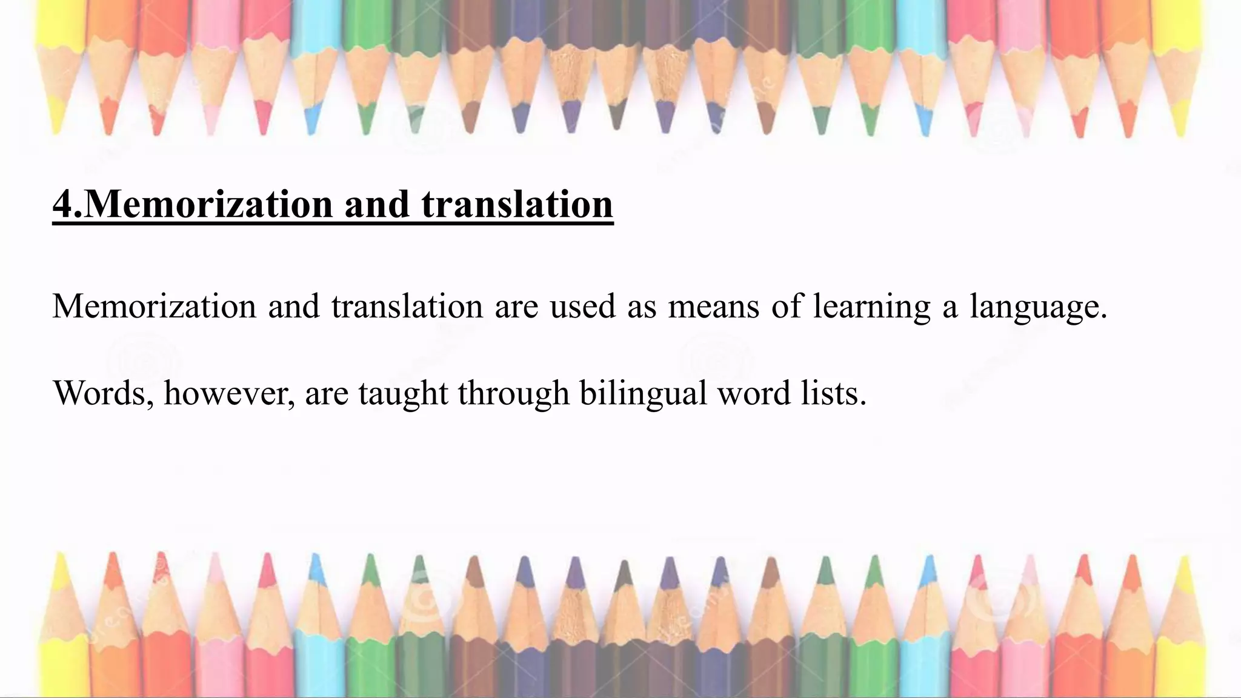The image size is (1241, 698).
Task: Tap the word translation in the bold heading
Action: (517, 205)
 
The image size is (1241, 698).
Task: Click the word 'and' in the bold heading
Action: (377, 205)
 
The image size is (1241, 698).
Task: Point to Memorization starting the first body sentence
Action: (155, 306)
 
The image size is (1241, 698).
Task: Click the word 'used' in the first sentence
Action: (583, 306)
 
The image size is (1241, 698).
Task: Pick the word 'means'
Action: (713, 306)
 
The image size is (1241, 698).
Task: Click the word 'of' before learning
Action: (785, 306)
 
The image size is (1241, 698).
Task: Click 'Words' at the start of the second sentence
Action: (102, 393)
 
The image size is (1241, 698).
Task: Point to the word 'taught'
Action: (402, 393)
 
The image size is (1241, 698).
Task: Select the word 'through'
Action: (513, 393)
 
